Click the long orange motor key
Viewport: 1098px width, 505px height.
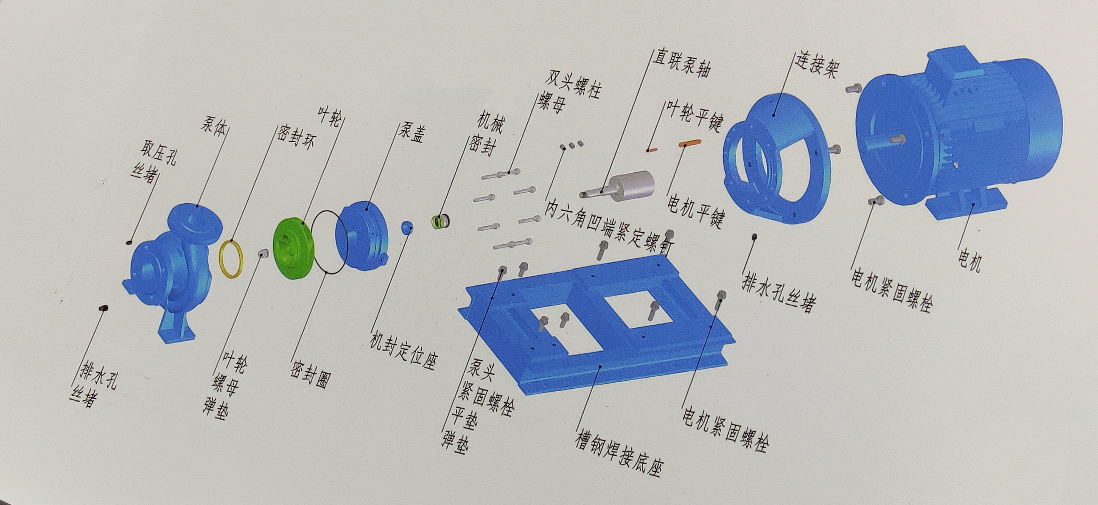click(690, 142)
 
